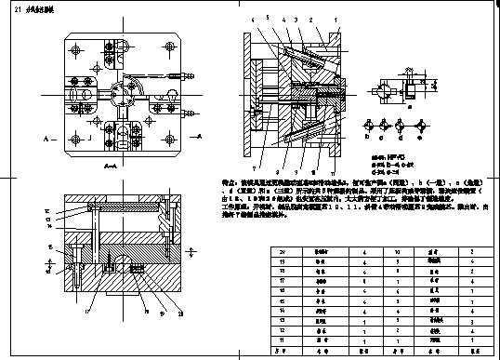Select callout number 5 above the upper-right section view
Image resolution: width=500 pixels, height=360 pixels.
pyautogui.click(x=267, y=18)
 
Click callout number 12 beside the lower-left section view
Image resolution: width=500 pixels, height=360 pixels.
pyautogui.click(x=48, y=212)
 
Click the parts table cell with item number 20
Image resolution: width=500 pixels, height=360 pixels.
pyautogui.click(x=282, y=251)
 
